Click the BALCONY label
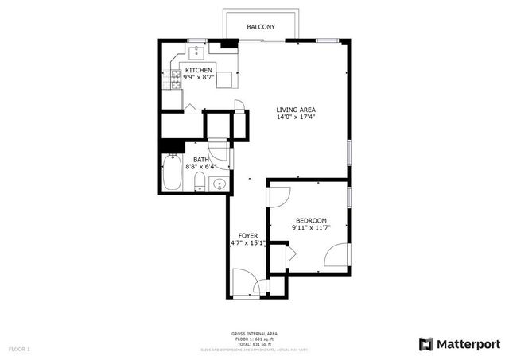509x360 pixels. point(261,27)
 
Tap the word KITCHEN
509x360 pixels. point(198,70)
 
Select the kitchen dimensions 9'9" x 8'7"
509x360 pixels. point(198,78)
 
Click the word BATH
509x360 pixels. point(200,159)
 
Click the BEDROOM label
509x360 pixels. point(311,220)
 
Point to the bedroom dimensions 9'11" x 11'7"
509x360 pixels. point(311,228)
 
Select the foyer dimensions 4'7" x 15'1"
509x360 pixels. point(247,242)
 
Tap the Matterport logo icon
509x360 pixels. point(426,343)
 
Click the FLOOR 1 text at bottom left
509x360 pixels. point(19,349)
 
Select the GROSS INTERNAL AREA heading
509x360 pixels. point(254,333)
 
